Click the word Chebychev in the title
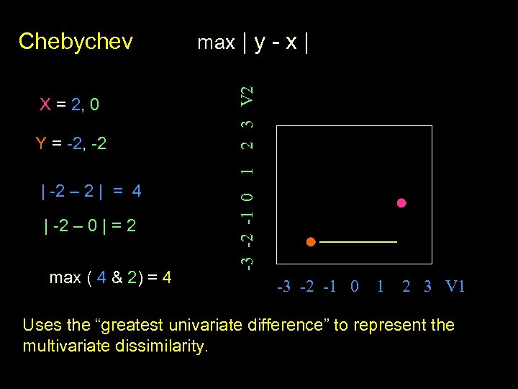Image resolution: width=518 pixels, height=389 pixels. [76, 41]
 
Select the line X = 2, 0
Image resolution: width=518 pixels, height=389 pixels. [69, 105]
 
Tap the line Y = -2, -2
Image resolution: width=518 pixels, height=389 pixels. [71, 144]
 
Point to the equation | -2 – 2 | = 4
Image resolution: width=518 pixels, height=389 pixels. [91, 192]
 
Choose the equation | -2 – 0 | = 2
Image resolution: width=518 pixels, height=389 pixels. [91, 226]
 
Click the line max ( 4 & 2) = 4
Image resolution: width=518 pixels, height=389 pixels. [110, 277]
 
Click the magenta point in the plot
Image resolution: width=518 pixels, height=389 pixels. [401, 203]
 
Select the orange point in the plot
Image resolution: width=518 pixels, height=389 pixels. [310, 242]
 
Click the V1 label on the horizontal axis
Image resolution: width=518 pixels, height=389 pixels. [455, 287]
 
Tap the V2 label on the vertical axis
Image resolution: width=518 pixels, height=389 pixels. [247, 95]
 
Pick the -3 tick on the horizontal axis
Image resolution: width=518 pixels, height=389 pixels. [283, 287]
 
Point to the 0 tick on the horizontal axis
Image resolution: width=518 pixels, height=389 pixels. [353, 287]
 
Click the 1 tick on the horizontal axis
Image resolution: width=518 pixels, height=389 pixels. [379, 287]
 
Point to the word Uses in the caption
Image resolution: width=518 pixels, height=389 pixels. [42, 325]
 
